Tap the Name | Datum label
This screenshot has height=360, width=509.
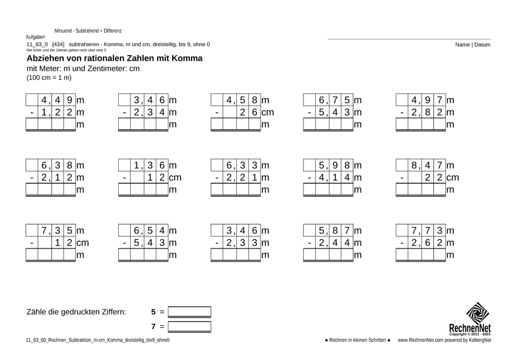click(474, 45)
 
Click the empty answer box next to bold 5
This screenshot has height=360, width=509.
click(190, 313)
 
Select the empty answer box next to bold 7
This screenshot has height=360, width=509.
click(190, 327)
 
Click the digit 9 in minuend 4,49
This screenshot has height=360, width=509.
click(70, 99)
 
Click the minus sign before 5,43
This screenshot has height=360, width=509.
click(310, 112)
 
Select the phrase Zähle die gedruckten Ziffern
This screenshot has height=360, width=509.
click(77, 312)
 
